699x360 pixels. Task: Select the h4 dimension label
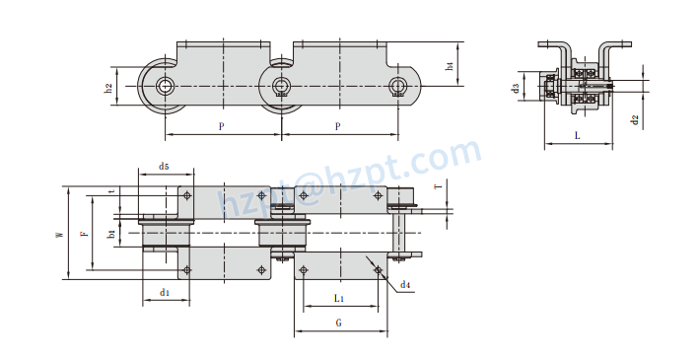tap(450, 65)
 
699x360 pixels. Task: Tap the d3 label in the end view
tap(516, 89)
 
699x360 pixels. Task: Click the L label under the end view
tap(577, 136)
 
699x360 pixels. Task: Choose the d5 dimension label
tap(164, 166)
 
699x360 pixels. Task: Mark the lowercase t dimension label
tap(111, 192)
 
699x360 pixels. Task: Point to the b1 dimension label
tap(111, 234)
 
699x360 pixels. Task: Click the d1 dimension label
tap(165, 293)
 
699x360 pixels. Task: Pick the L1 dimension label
tap(338, 296)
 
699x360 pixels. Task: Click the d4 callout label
tap(405, 285)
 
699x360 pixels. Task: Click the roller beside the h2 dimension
tap(164, 85)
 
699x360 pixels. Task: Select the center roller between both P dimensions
tap(282, 85)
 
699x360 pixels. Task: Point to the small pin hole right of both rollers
tap(397, 85)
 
